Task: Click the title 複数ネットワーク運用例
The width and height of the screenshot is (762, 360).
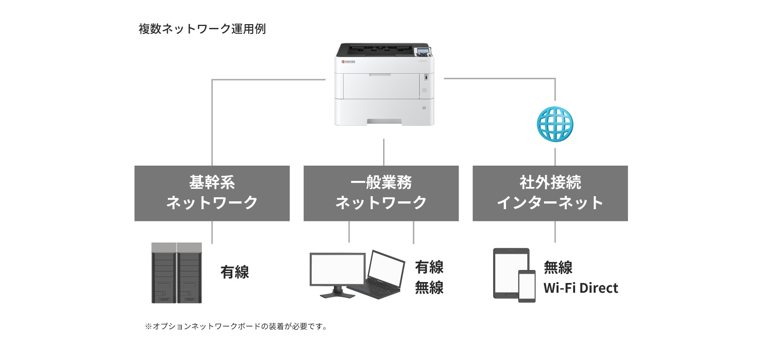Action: [x=202, y=29]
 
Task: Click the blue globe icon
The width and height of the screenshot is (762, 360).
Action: [x=555, y=124]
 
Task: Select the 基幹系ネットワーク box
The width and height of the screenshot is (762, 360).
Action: [x=212, y=193]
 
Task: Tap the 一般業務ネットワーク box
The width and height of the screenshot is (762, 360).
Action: [x=381, y=193]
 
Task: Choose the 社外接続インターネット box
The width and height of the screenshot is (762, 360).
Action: [x=550, y=193]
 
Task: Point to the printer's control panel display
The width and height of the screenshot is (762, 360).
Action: [x=423, y=51]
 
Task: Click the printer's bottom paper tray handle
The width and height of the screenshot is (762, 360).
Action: [x=384, y=121]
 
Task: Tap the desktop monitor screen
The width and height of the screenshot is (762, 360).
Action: [x=337, y=270]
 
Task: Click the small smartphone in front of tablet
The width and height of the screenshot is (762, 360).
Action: [x=526, y=286]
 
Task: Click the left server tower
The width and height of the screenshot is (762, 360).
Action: [x=164, y=273]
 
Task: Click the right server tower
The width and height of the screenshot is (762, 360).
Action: [x=189, y=273]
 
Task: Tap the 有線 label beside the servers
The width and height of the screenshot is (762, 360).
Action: [x=235, y=272]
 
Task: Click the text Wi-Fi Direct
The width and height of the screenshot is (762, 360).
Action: [x=581, y=288]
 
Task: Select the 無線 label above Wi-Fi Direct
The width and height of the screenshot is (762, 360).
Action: [x=558, y=268]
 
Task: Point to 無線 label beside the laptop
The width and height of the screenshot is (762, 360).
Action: [x=429, y=288]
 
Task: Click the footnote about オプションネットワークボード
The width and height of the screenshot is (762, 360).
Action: [x=237, y=327]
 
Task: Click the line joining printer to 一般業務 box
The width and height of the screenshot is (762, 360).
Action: [x=384, y=152]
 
